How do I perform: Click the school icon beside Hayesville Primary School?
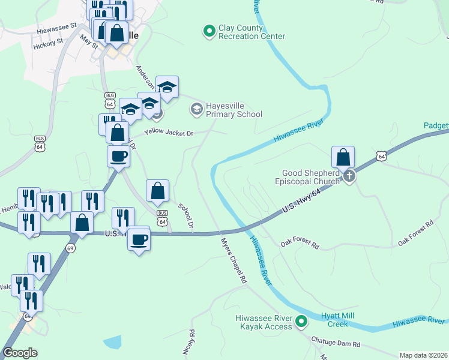point(196,109)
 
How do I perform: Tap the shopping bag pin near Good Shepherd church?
point(343,158)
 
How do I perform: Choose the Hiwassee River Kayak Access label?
point(264,322)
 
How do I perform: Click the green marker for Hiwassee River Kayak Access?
point(302,322)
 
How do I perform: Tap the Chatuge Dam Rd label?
point(336,341)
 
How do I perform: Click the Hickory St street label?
point(48,43)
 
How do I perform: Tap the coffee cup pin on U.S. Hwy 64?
point(139,239)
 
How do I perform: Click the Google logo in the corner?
point(20,353)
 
